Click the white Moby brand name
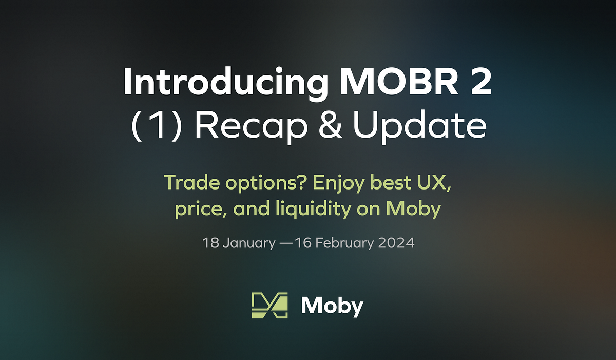pyautogui.click(x=332, y=307)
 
